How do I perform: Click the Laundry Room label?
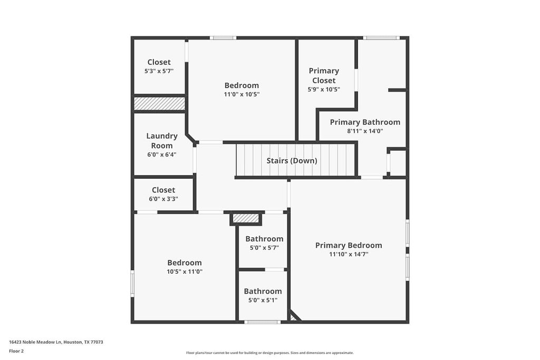pos(161,141)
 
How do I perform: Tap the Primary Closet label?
pos(324,75)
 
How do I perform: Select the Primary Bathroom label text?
pos(365,122)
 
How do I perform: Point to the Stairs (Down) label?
pos(292,161)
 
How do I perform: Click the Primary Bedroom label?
pos(349,245)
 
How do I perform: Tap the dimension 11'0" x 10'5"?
pos(242,94)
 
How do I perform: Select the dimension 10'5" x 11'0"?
pos(185,271)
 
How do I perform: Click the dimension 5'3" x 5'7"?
pos(159,71)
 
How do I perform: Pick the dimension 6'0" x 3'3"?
pos(163,199)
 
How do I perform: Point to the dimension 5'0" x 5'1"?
pos(263,300)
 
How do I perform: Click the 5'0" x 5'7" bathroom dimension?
pos(264,248)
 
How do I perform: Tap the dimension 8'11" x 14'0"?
pos(365,131)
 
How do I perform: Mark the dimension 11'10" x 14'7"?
pos(349,254)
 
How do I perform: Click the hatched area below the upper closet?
pos(159,104)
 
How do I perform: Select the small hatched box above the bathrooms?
pos(246,218)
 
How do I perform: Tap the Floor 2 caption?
pos(16,351)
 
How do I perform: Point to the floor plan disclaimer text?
pos(269,353)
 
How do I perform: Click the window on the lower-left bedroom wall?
pos(132,283)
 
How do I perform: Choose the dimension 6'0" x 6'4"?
pos(161,155)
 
